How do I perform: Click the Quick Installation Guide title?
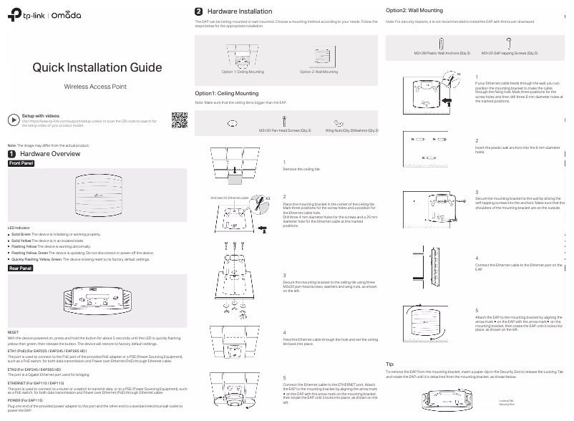(97, 68)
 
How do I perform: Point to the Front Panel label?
(21, 163)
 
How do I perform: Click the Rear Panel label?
(21, 268)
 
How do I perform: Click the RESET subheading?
(13, 333)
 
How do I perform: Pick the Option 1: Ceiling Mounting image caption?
(243, 72)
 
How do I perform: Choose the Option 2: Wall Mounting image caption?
(319, 72)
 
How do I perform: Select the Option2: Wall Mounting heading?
(414, 11)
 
